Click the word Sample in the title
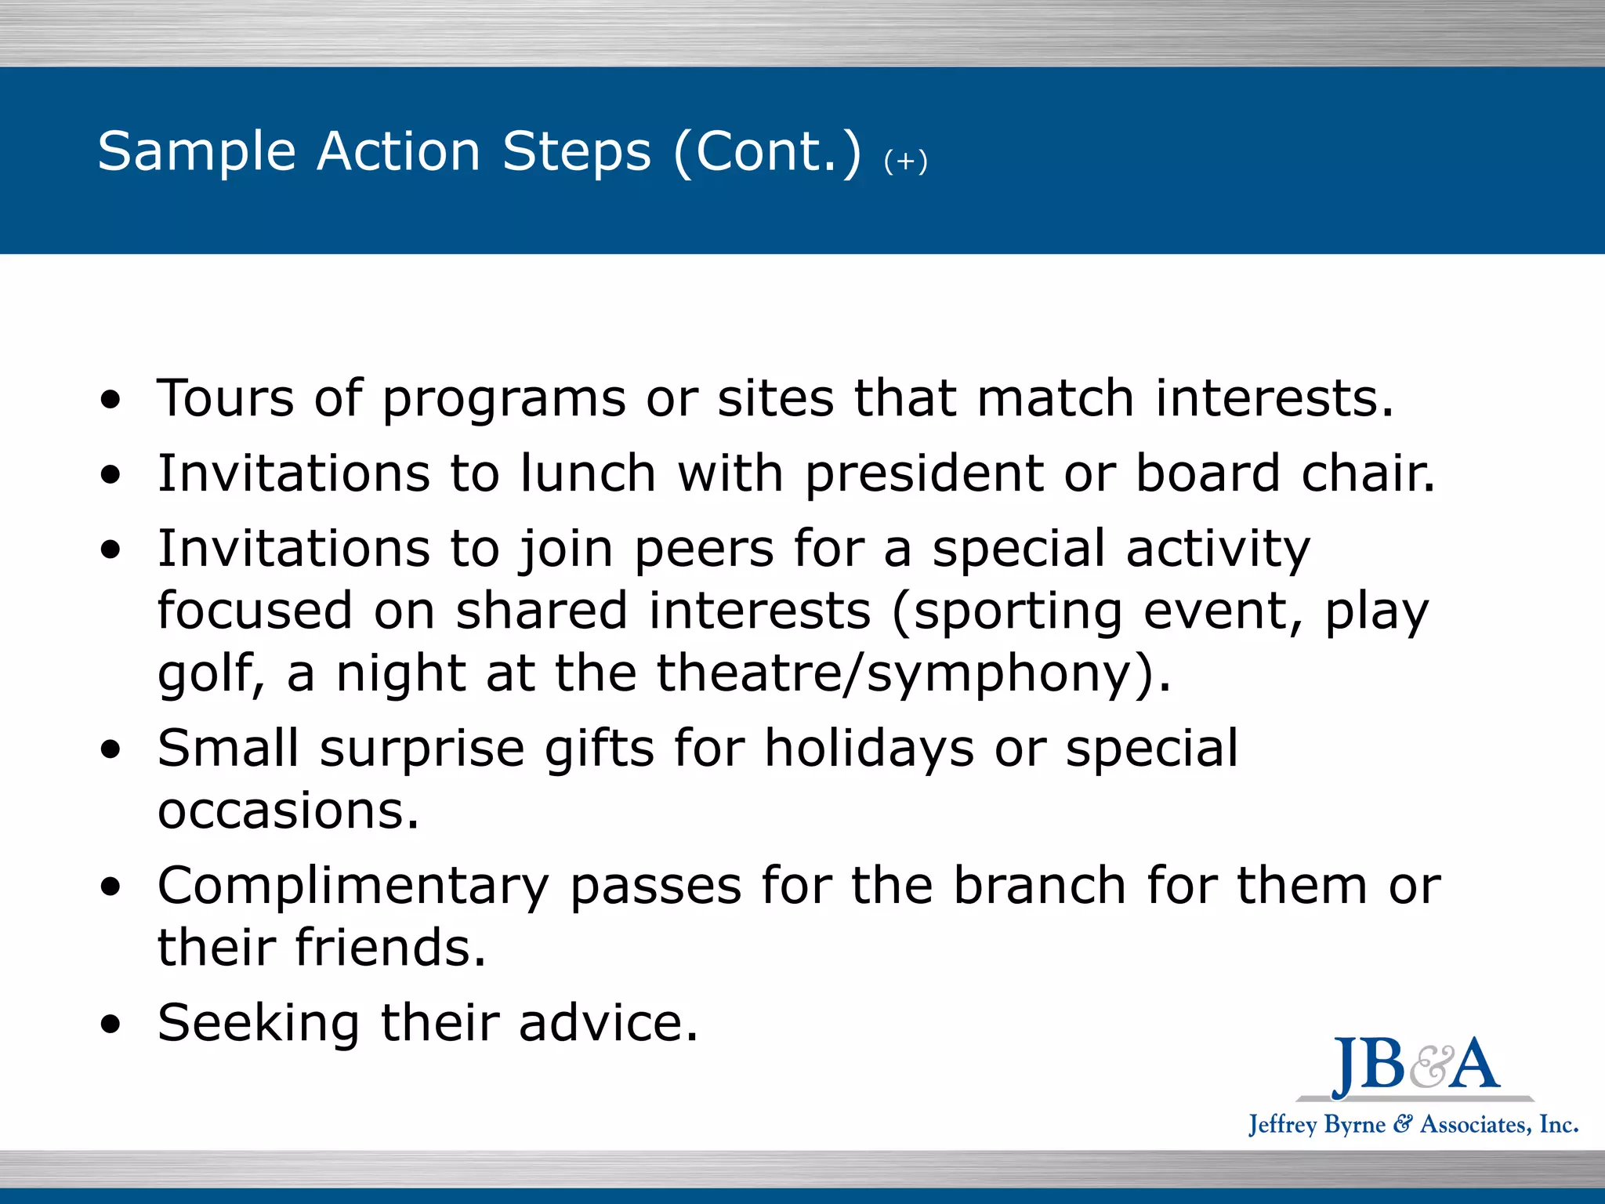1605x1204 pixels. (x=196, y=151)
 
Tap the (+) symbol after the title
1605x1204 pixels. (x=905, y=161)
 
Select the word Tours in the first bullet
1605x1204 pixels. (x=226, y=398)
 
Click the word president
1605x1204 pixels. (x=924, y=475)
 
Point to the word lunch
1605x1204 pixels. (x=588, y=473)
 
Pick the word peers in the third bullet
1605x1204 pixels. (x=704, y=549)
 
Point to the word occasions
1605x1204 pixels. (x=288, y=811)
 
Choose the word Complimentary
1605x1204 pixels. (x=353, y=887)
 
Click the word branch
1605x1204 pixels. (x=1040, y=886)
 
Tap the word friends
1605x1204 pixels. (x=390, y=948)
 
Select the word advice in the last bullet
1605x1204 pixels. (x=607, y=1023)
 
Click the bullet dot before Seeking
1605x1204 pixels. (x=111, y=1024)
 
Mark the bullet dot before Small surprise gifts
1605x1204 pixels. (x=111, y=749)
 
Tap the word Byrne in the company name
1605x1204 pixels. (x=1355, y=1125)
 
